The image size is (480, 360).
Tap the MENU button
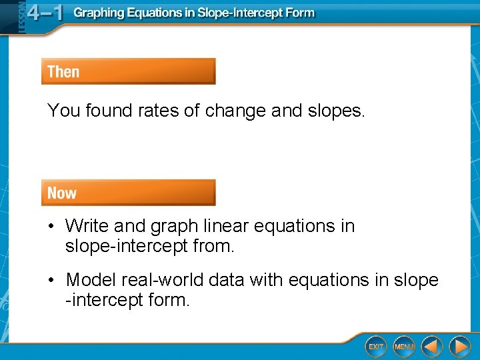pos(404,347)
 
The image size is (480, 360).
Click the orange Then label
pos(63,72)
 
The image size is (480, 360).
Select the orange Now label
pos(62,193)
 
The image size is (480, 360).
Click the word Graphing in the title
pos(99,13)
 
